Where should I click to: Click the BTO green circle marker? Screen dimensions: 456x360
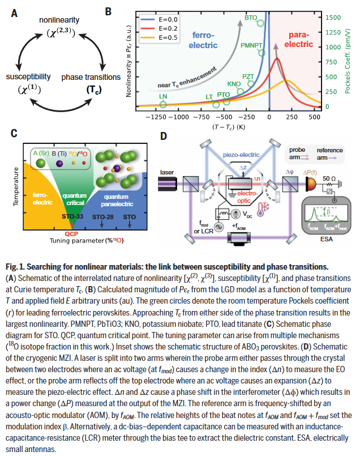click(x=260, y=23)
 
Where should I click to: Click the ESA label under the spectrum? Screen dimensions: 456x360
click(x=324, y=239)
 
